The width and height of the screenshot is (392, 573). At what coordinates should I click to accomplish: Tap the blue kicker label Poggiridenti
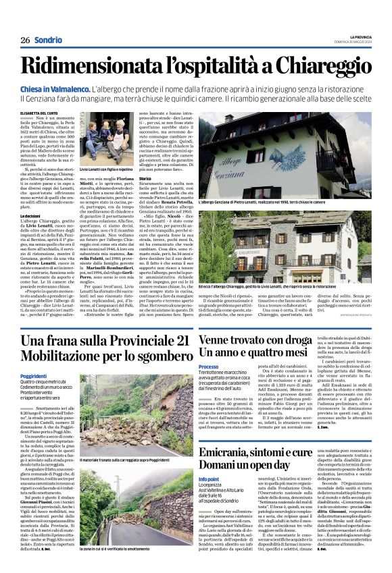34,376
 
